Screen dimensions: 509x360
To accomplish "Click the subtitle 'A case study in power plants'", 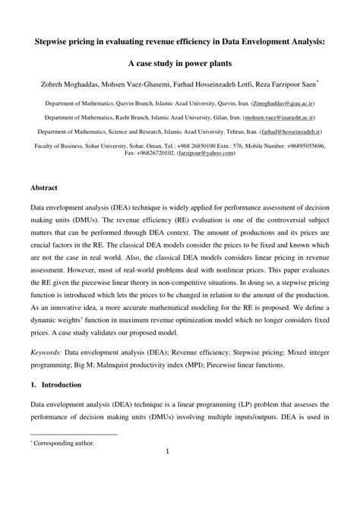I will (x=180, y=62).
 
